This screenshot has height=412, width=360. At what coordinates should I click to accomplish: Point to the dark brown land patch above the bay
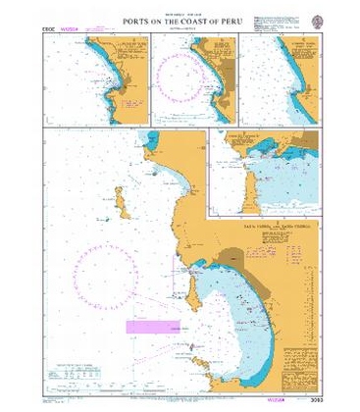click(232, 256)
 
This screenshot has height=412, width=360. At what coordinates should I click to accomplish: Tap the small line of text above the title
click(180, 14)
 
